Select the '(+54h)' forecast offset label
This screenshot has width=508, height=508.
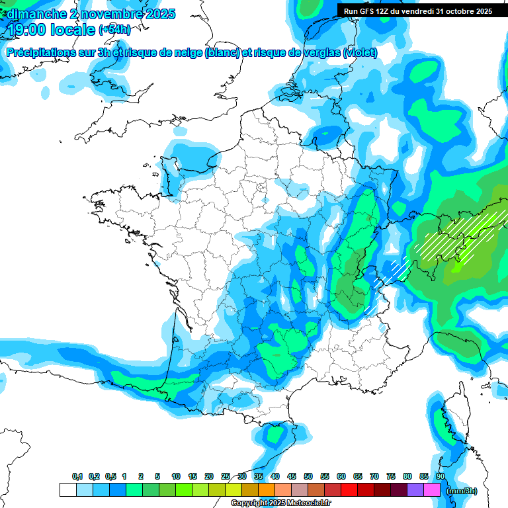pyautogui.click(x=114, y=30)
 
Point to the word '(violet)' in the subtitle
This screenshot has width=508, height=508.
pyautogui.click(x=360, y=52)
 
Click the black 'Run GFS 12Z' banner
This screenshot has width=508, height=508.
pyautogui.click(x=417, y=11)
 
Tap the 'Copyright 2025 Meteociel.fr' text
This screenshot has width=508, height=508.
pyautogui.click(x=280, y=503)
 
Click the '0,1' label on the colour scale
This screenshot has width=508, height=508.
pyautogui.click(x=77, y=477)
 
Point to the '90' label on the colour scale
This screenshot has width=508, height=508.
pyautogui.click(x=440, y=477)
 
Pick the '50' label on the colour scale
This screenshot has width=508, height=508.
pyautogui.click(x=308, y=477)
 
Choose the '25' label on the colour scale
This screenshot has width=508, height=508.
pyautogui.click(x=226, y=477)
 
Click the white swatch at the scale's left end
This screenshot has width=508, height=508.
pyautogui.click(x=67, y=490)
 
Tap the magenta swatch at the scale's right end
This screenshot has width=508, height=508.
pyautogui.click(x=432, y=490)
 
